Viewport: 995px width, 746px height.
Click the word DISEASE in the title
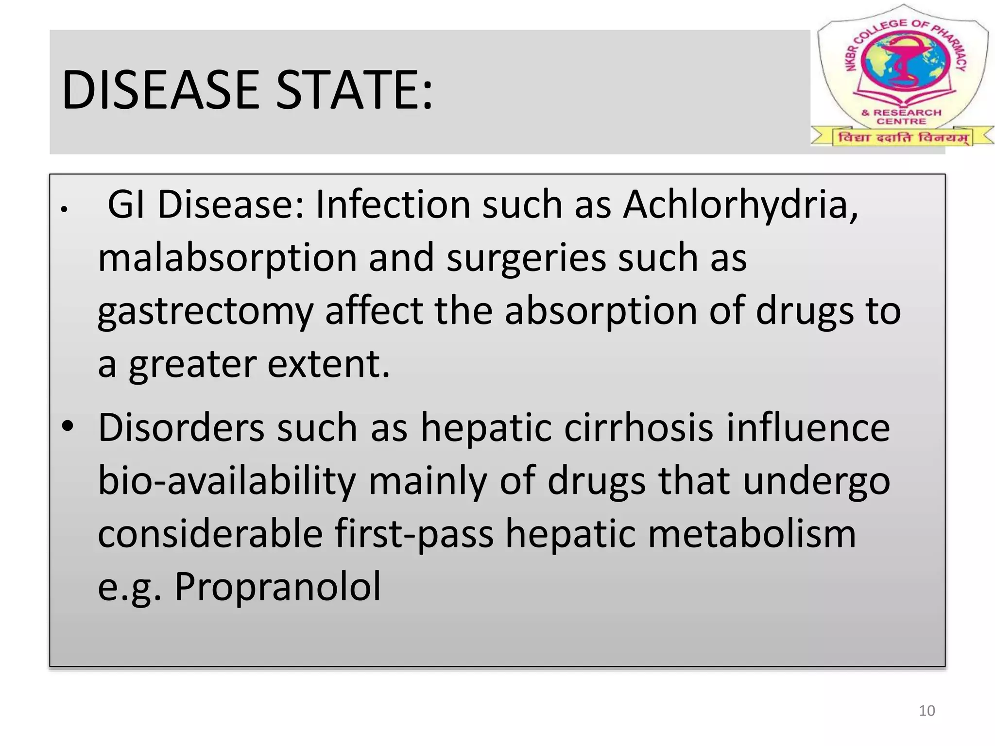coord(160,90)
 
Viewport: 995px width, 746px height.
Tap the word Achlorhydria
coord(740,204)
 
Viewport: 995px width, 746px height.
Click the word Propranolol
coord(277,587)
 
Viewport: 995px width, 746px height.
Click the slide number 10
coord(926,711)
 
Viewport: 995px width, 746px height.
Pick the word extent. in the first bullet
coord(328,364)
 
